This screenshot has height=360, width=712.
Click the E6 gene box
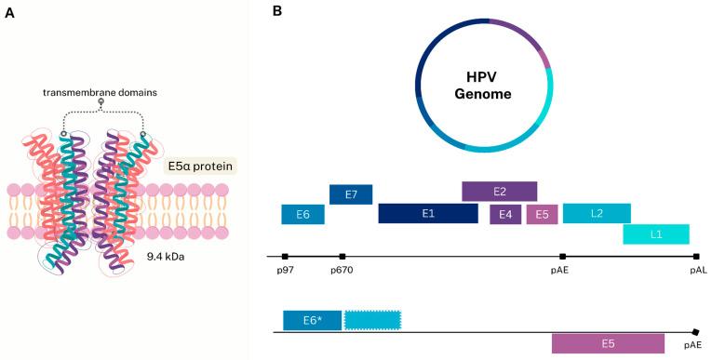pyautogui.click(x=302, y=214)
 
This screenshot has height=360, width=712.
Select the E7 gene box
pyautogui.click(x=351, y=194)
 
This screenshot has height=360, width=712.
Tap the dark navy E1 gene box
pyautogui.click(x=428, y=214)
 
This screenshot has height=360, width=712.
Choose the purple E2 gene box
pyautogui.click(x=499, y=192)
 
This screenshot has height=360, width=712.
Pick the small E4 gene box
pyautogui.click(x=505, y=215)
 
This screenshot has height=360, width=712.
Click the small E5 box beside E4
pyautogui.click(x=542, y=215)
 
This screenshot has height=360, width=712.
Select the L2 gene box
pyautogui.click(x=597, y=214)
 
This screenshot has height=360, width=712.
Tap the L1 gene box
pyautogui.click(x=656, y=234)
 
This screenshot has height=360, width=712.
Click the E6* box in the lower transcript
pyautogui.click(x=313, y=320)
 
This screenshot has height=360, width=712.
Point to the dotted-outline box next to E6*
pyautogui.click(x=372, y=320)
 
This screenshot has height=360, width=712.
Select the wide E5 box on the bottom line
pyautogui.click(x=608, y=343)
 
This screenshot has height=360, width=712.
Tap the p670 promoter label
pyautogui.click(x=341, y=270)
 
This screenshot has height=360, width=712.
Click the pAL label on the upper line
pyautogui.click(x=698, y=270)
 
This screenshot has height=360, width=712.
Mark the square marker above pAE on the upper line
pyautogui.click(x=562, y=256)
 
